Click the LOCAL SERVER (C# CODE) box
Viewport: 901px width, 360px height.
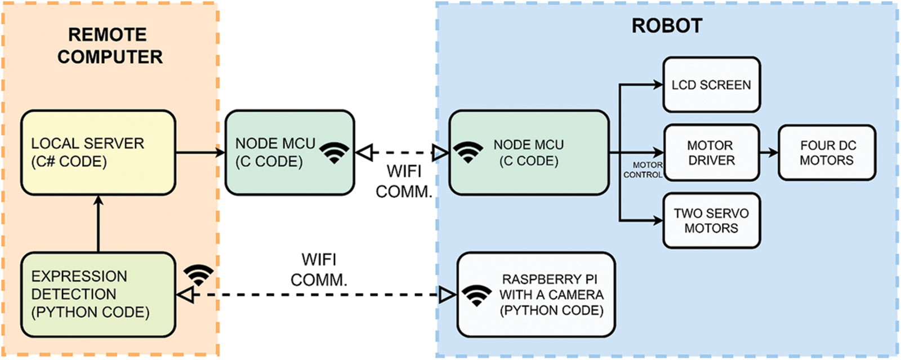pos(98,153)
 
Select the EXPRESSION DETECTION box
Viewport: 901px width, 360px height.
pos(98,294)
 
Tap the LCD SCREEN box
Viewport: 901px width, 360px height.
pos(711,85)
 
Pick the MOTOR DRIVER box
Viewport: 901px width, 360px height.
pos(711,153)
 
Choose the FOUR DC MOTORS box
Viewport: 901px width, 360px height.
pos(827,153)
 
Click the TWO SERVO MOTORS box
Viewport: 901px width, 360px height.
pos(711,220)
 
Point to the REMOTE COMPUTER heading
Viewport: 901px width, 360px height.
pos(109,46)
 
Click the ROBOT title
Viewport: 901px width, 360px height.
pos(667,26)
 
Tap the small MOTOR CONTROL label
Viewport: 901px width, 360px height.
pos(643,170)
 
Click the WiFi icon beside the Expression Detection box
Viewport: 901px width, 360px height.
pos(199,274)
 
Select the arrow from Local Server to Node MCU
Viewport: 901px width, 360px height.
pos(200,152)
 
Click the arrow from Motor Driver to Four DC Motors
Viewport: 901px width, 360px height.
pos(769,153)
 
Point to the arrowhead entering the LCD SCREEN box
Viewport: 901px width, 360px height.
pos(657,85)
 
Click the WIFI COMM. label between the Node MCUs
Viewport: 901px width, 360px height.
pos(404,181)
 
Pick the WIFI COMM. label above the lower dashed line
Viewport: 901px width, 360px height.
pos(319,269)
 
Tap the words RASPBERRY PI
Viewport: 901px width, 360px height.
pos(550,279)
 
